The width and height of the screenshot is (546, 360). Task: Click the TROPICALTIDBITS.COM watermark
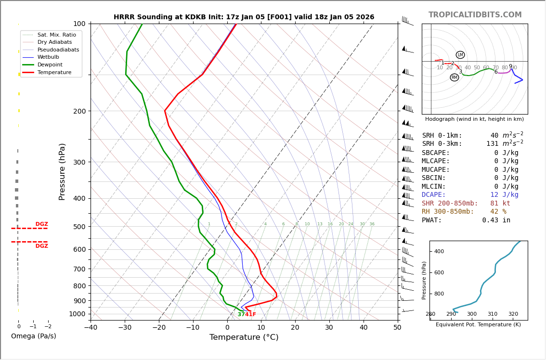point(475,15)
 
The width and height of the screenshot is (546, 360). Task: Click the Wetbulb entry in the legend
point(48,57)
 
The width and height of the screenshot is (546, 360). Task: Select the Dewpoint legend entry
point(50,64)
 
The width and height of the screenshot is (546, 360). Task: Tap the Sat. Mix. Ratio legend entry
point(56,35)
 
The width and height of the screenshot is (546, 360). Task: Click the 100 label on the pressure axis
point(79,24)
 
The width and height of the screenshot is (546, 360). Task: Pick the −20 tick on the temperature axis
point(159,328)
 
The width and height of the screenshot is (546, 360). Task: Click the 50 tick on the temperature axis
point(397,328)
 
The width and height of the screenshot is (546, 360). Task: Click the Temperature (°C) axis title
point(244,337)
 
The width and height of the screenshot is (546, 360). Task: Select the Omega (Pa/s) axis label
point(34,336)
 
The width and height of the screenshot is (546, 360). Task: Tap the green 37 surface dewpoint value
point(241,315)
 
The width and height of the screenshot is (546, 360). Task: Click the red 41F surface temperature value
point(250,315)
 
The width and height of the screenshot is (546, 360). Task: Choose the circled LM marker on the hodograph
point(460,55)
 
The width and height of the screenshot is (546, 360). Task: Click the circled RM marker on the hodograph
point(455,77)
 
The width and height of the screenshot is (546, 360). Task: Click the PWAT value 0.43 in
point(496,220)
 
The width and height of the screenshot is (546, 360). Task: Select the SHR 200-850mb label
point(450,204)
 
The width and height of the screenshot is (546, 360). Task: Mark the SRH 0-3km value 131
point(492,144)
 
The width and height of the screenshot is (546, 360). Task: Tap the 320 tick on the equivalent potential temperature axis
point(513,314)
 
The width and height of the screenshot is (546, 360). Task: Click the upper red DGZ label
point(41,224)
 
